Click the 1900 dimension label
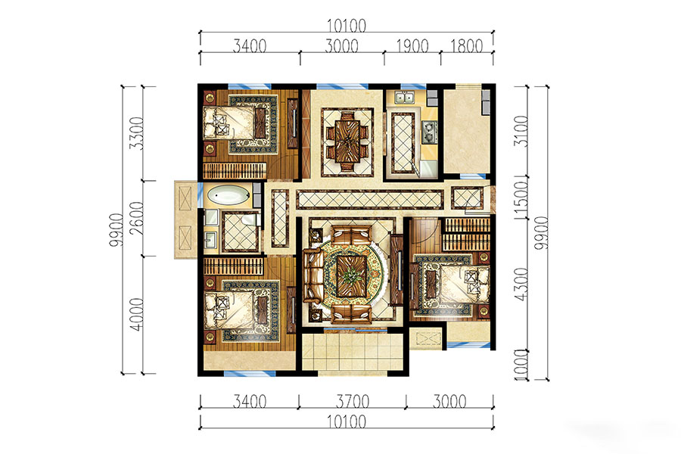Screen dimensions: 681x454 pos(412,45)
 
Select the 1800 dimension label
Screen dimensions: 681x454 pos(466,45)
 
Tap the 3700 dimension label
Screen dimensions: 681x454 pos(353,401)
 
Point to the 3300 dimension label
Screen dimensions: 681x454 pos(136,132)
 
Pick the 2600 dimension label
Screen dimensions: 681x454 pos(136,218)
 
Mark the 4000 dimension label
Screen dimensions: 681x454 pos(136,314)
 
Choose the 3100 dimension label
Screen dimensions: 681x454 pos(521,131)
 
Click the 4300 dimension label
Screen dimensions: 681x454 pos(521,284)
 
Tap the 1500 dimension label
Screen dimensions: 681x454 pos(521,197)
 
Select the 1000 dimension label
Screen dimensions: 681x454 pos(521,365)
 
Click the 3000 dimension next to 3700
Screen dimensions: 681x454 pos(449,401)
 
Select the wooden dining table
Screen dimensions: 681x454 pos(347,141)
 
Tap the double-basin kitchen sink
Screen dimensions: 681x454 pos(404,98)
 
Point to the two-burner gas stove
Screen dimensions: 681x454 pos(430,132)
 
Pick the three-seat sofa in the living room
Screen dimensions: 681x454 pos(311,275)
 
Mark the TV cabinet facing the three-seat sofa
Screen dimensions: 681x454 pos(396,270)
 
